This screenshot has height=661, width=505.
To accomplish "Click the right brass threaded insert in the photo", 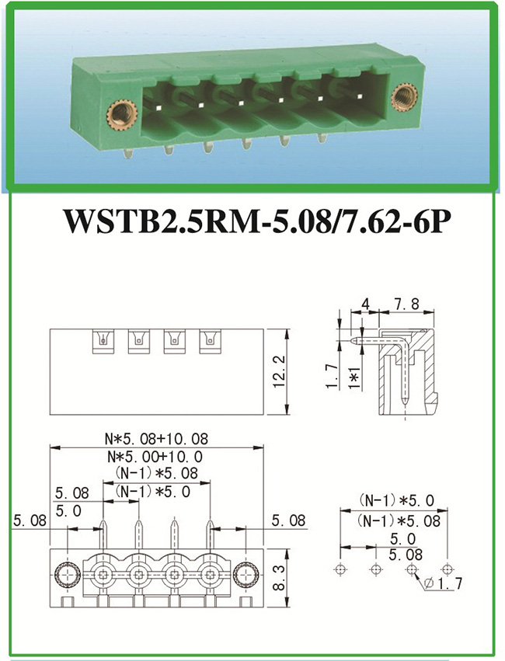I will coord(403,98).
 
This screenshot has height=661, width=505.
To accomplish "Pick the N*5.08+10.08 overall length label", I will coord(157,440).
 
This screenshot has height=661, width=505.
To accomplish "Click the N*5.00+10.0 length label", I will coord(157,456).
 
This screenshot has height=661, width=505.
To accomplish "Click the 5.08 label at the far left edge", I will coord(28,520).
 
